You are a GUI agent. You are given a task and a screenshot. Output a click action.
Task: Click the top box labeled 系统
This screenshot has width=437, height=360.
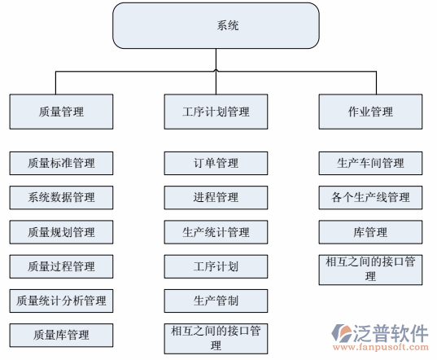pyautogui.click(x=216, y=25)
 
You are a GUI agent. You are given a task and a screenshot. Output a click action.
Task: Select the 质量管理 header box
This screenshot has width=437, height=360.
pyautogui.click(x=61, y=112)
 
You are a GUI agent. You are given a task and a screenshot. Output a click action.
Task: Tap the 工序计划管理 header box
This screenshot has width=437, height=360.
pyautogui.click(x=216, y=112)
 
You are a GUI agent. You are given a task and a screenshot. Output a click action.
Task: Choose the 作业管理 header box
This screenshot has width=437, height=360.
pyautogui.click(x=370, y=112)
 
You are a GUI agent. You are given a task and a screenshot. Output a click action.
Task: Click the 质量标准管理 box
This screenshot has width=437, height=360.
pyautogui.click(x=61, y=163)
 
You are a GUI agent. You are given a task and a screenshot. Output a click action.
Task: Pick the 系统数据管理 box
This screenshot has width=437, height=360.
pyautogui.click(x=61, y=197)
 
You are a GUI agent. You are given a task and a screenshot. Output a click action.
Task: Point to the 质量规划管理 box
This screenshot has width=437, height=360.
pyautogui.click(x=61, y=232)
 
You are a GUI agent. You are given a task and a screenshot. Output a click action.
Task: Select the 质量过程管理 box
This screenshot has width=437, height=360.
pyautogui.click(x=61, y=266)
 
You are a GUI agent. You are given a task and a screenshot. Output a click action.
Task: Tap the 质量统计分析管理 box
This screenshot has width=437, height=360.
pyautogui.click(x=61, y=301)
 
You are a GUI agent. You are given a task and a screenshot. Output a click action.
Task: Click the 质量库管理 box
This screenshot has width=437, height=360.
pyautogui.click(x=61, y=335)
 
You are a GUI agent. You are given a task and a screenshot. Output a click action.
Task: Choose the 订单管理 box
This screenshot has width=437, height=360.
pyautogui.click(x=216, y=163)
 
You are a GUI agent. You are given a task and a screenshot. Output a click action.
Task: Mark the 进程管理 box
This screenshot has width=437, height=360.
pyautogui.click(x=216, y=197)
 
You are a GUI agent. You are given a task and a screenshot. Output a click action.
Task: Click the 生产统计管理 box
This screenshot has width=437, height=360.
pyautogui.click(x=216, y=232)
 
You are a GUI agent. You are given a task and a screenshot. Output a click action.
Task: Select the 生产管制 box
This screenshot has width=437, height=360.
pyautogui.click(x=216, y=301)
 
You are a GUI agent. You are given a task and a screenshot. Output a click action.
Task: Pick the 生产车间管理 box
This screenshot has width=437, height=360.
pyautogui.click(x=370, y=163)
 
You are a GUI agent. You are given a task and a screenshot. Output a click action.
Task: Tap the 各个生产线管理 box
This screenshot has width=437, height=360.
pyautogui.click(x=370, y=197)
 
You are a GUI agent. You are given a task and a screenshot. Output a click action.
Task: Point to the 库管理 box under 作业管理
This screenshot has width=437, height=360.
pyautogui.click(x=370, y=232)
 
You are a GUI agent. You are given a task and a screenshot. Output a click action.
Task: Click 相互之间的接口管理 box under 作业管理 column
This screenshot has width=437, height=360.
pyautogui.click(x=370, y=269)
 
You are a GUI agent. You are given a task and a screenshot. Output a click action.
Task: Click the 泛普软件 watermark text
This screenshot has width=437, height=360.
pyautogui.click(x=391, y=332)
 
